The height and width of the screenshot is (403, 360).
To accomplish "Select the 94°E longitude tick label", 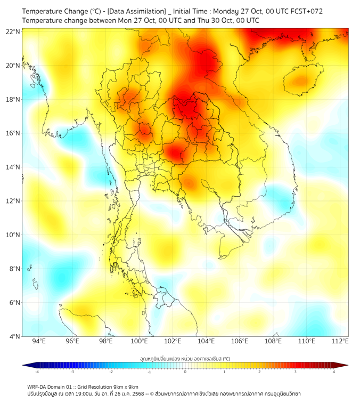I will [39, 342].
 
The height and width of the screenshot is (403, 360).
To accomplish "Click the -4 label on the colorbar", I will [37, 372].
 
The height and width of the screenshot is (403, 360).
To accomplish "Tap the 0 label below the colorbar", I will [185, 372].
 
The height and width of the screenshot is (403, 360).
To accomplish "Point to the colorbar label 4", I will [334, 372].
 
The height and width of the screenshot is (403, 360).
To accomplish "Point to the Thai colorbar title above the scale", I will [185, 359].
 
